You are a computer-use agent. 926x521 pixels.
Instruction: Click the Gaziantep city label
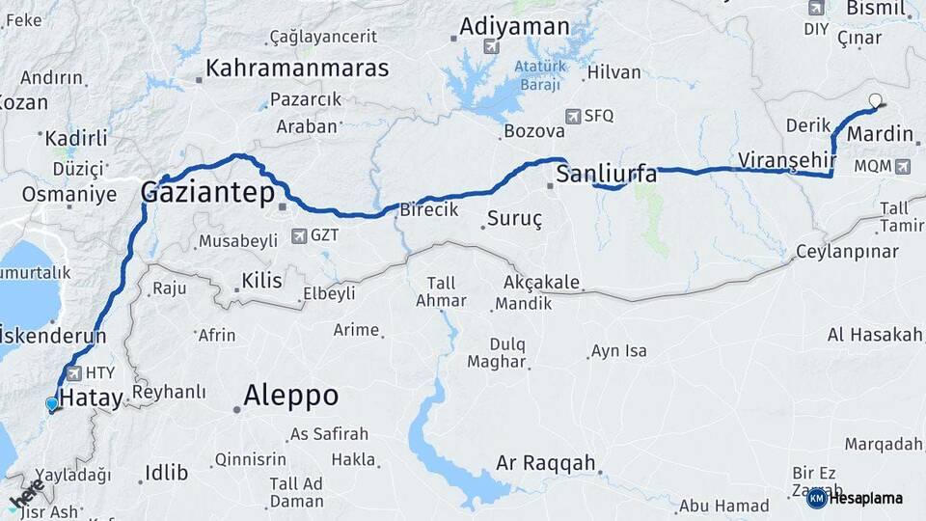(x=207, y=193)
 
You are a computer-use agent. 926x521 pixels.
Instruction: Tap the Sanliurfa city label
(x=609, y=175)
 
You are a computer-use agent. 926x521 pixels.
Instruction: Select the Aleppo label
(x=290, y=395)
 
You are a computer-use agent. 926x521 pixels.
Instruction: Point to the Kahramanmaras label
(x=297, y=69)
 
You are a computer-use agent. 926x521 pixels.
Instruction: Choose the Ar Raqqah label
(x=545, y=463)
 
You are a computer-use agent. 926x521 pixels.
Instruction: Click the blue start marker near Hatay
(x=52, y=404)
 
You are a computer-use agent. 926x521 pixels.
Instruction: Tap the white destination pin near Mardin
(x=875, y=100)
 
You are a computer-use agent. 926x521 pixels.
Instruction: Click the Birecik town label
(x=428, y=210)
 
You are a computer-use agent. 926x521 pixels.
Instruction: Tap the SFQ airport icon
(x=574, y=116)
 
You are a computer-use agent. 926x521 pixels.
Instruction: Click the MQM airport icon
(x=901, y=166)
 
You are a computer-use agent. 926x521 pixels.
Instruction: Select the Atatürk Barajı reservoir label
(x=537, y=75)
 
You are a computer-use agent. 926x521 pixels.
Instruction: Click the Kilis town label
(x=261, y=281)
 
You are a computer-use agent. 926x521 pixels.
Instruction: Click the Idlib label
(x=165, y=473)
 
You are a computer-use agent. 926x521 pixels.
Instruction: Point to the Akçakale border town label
(x=541, y=283)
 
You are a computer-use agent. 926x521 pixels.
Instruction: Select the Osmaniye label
(x=68, y=194)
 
